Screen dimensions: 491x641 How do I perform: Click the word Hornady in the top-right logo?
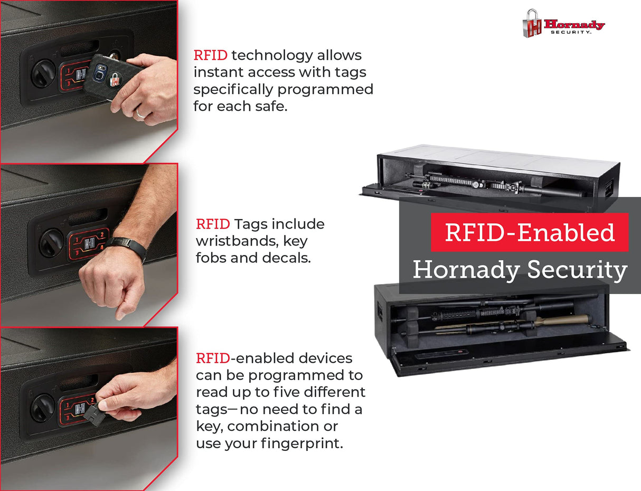coord(574,24)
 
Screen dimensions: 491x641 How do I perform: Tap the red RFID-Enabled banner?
coord(530,232)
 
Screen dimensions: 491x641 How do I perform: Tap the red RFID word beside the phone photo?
coord(210,55)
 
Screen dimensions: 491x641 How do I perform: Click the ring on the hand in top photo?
coord(140,112)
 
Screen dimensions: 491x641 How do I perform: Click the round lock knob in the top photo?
coord(43,74)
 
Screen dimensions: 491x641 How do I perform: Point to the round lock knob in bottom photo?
coord(43,408)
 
